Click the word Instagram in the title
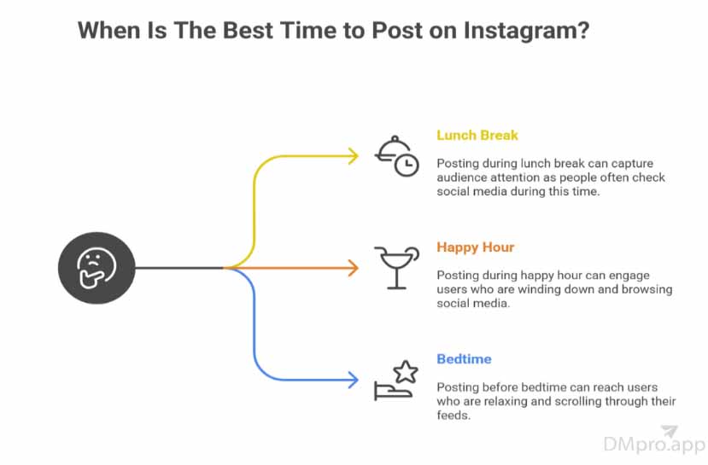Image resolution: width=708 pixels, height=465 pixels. tap(526, 32)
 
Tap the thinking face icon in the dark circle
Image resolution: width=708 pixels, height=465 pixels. tap(97, 267)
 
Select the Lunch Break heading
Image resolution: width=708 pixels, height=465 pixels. tap(477, 135)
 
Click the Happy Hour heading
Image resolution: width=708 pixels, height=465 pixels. tap(476, 247)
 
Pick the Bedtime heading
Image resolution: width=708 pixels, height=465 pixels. tap(465, 359)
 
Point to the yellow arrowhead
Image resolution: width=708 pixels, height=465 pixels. tap(353, 156)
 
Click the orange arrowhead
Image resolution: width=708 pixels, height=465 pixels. tap(353, 268)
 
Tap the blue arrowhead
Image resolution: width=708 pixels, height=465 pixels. tap(353, 380)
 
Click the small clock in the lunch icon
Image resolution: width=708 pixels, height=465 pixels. tap(407, 165)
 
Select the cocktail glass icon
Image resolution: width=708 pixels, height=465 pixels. tap(396, 267)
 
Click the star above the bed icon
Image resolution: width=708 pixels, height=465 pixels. tap(406, 372)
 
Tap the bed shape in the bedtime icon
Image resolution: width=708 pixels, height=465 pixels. tap(392, 391)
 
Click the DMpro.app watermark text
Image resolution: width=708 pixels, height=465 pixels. tap(654, 445)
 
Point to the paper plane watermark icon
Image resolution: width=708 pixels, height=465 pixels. tap(670, 431)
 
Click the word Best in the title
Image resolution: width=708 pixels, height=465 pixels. tap(249, 31)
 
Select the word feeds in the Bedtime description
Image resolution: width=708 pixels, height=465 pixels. tap(453, 415)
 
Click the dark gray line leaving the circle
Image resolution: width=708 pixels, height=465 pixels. tap(179, 268)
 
